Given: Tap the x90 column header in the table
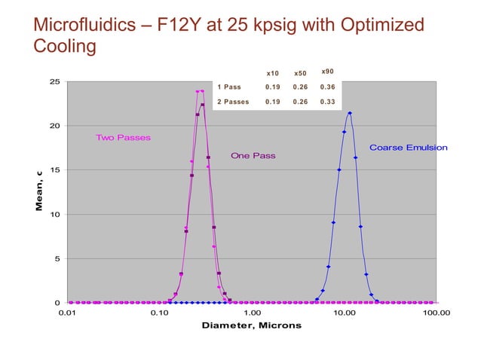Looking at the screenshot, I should click(327, 72).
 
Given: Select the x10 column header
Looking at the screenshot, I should click(273, 73).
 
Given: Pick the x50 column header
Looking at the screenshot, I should click(300, 73).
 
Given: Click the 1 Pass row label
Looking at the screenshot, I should click(229, 87).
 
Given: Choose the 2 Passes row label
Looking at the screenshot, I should click(233, 102).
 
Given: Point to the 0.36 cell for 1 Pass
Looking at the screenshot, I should click(327, 87).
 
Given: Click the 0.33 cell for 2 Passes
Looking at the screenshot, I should click(327, 102).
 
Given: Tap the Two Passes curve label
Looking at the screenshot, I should click(123, 138).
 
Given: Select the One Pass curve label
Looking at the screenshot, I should click(253, 156).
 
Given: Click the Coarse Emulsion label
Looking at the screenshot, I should click(408, 148).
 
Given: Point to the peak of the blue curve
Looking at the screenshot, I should click(350, 113).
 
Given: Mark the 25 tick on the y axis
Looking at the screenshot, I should click(55, 81).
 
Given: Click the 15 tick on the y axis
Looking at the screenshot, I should click(55, 170).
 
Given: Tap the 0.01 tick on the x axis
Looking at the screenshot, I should click(67, 312).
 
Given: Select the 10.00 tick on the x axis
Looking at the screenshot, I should click(345, 312).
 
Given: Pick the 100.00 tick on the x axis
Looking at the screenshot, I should click(435, 312).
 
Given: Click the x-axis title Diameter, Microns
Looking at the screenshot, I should click(251, 325).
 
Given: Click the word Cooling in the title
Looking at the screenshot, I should click(65, 47).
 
